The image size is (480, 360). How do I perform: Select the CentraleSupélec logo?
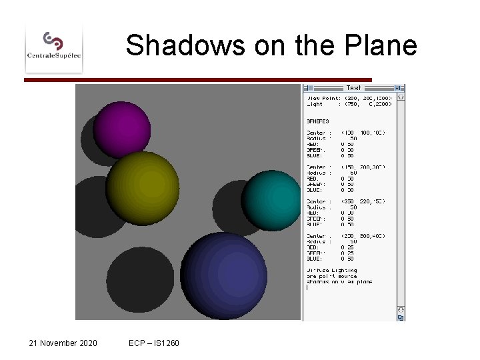(54, 45)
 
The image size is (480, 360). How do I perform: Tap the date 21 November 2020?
(63, 343)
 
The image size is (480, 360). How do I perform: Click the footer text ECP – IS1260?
(154, 343)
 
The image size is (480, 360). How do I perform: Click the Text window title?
(353, 88)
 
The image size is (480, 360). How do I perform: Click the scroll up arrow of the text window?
(400, 97)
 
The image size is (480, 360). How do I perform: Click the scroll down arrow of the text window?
(400, 310)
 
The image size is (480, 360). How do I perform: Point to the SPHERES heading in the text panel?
(317, 121)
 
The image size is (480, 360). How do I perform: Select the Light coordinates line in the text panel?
(347, 104)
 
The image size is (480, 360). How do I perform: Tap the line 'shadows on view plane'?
(339, 282)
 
